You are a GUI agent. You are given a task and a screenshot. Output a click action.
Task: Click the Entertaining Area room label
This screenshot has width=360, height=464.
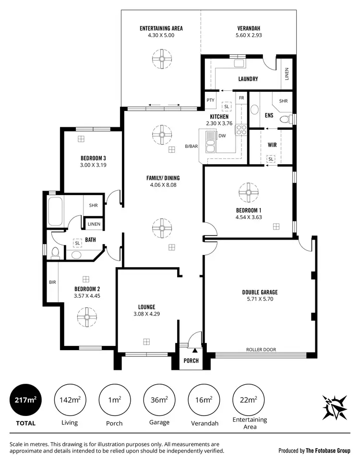point(161,28)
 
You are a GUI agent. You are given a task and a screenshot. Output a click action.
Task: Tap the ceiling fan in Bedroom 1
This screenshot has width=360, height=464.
point(249,193)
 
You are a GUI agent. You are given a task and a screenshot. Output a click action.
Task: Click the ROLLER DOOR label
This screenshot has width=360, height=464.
point(261,350)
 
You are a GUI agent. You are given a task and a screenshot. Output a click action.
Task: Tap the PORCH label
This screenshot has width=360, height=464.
point(191,361)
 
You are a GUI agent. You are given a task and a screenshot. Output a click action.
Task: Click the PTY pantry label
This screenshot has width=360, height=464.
point(210,100)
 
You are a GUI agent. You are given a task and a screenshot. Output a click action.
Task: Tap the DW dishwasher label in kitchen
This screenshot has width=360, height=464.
point(222,136)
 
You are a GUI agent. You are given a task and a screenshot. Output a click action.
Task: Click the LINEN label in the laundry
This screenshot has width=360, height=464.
point(287,74)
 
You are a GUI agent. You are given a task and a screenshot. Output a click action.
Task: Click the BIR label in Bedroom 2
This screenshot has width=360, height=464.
point(52,282)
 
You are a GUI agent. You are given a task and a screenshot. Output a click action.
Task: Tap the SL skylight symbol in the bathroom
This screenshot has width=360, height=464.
point(77,244)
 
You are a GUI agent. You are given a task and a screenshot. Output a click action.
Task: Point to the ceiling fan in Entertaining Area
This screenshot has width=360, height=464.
point(161,60)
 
